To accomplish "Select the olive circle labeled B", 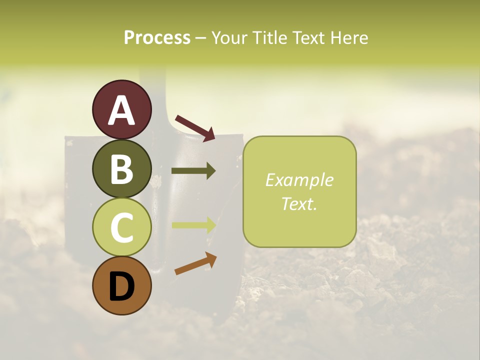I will (121, 168).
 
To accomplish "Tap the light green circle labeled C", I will (121, 227).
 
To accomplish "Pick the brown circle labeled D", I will (121, 285).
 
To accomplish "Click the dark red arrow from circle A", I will (195, 128).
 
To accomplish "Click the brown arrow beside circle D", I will (195, 264).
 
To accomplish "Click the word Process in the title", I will (157, 37).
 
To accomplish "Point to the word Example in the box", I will (299, 180).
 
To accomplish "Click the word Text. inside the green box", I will (299, 203).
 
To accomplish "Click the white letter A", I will (121, 110).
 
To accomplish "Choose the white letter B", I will (121, 169).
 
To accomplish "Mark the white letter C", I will (121, 227).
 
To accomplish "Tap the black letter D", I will (121, 286).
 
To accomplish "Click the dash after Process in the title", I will (200, 38).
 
